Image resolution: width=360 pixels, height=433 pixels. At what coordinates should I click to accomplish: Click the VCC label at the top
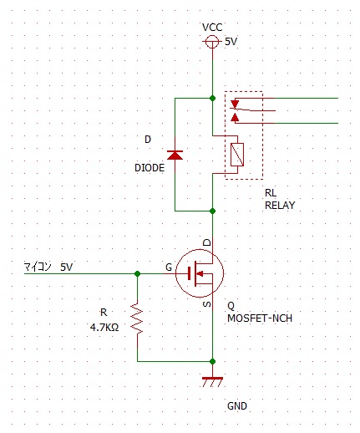(x=212, y=28)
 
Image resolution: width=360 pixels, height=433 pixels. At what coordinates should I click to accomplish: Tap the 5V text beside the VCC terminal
(x=231, y=42)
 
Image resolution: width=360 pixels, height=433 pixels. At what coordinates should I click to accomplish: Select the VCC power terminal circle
(x=212, y=42)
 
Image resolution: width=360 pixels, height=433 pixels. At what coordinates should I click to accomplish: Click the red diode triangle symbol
(x=175, y=155)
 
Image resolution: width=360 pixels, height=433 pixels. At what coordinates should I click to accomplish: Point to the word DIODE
(x=150, y=168)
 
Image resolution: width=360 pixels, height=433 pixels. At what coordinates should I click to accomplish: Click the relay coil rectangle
(x=237, y=155)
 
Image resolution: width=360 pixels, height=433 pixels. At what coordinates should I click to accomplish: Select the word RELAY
(x=280, y=206)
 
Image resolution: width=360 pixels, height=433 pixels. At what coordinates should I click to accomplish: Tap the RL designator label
(x=271, y=193)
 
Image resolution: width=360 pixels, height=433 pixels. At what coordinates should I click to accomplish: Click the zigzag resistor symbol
(x=137, y=318)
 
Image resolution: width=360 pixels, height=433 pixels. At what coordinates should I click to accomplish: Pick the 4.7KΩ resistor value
(x=104, y=327)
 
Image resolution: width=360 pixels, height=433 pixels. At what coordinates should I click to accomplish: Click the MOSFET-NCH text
(x=260, y=318)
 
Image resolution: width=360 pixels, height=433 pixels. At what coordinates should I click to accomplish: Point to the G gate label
(x=169, y=267)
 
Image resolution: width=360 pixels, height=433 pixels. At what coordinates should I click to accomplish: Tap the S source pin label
(x=207, y=304)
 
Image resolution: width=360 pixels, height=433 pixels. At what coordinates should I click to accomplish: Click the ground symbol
(x=212, y=382)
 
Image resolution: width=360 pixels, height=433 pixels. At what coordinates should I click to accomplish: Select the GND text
(x=237, y=406)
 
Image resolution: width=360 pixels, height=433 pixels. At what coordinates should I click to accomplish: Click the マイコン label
(x=38, y=267)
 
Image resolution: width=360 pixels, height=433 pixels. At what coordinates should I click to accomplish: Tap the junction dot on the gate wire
(x=137, y=273)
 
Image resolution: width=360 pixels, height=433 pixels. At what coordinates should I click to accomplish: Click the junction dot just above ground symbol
(x=212, y=362)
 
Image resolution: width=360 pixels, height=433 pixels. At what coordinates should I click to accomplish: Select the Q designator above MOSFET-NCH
(x=231, y=306)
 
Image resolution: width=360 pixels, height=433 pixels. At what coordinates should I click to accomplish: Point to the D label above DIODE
(x=148, y=140)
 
